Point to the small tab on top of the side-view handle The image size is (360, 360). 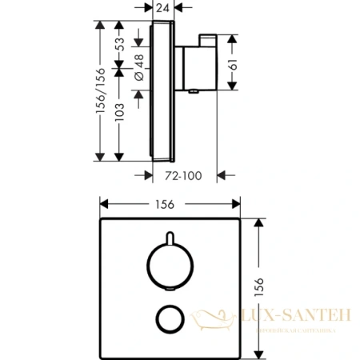210,40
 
